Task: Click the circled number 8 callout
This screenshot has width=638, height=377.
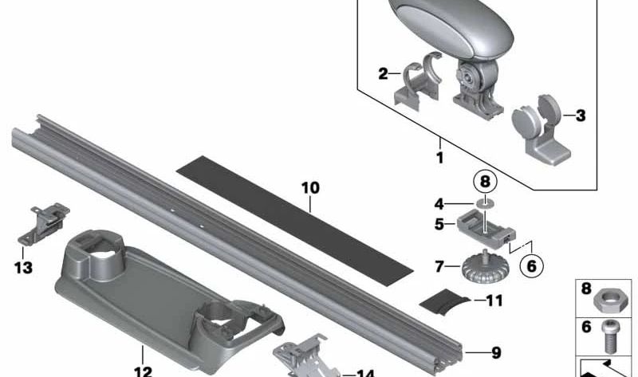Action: [485, 182]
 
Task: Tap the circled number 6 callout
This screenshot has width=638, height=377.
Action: [531, 266]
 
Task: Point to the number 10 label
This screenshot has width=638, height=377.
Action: [310, 188]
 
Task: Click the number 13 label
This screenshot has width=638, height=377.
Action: [23, 268]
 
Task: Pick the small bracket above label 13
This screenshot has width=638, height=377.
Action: [43, 224]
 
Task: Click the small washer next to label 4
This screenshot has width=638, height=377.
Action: [484, 202]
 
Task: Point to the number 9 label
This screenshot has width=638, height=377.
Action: [496, 352]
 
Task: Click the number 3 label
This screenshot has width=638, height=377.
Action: [581, 116]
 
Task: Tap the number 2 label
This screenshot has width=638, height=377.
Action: [383, 73]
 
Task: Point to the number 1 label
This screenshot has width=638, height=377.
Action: [440, 157]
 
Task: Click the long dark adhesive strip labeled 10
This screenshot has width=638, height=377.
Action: [295, 222]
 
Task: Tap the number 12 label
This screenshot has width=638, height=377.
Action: [144, 371]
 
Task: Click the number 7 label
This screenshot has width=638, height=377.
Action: [439, 266]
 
